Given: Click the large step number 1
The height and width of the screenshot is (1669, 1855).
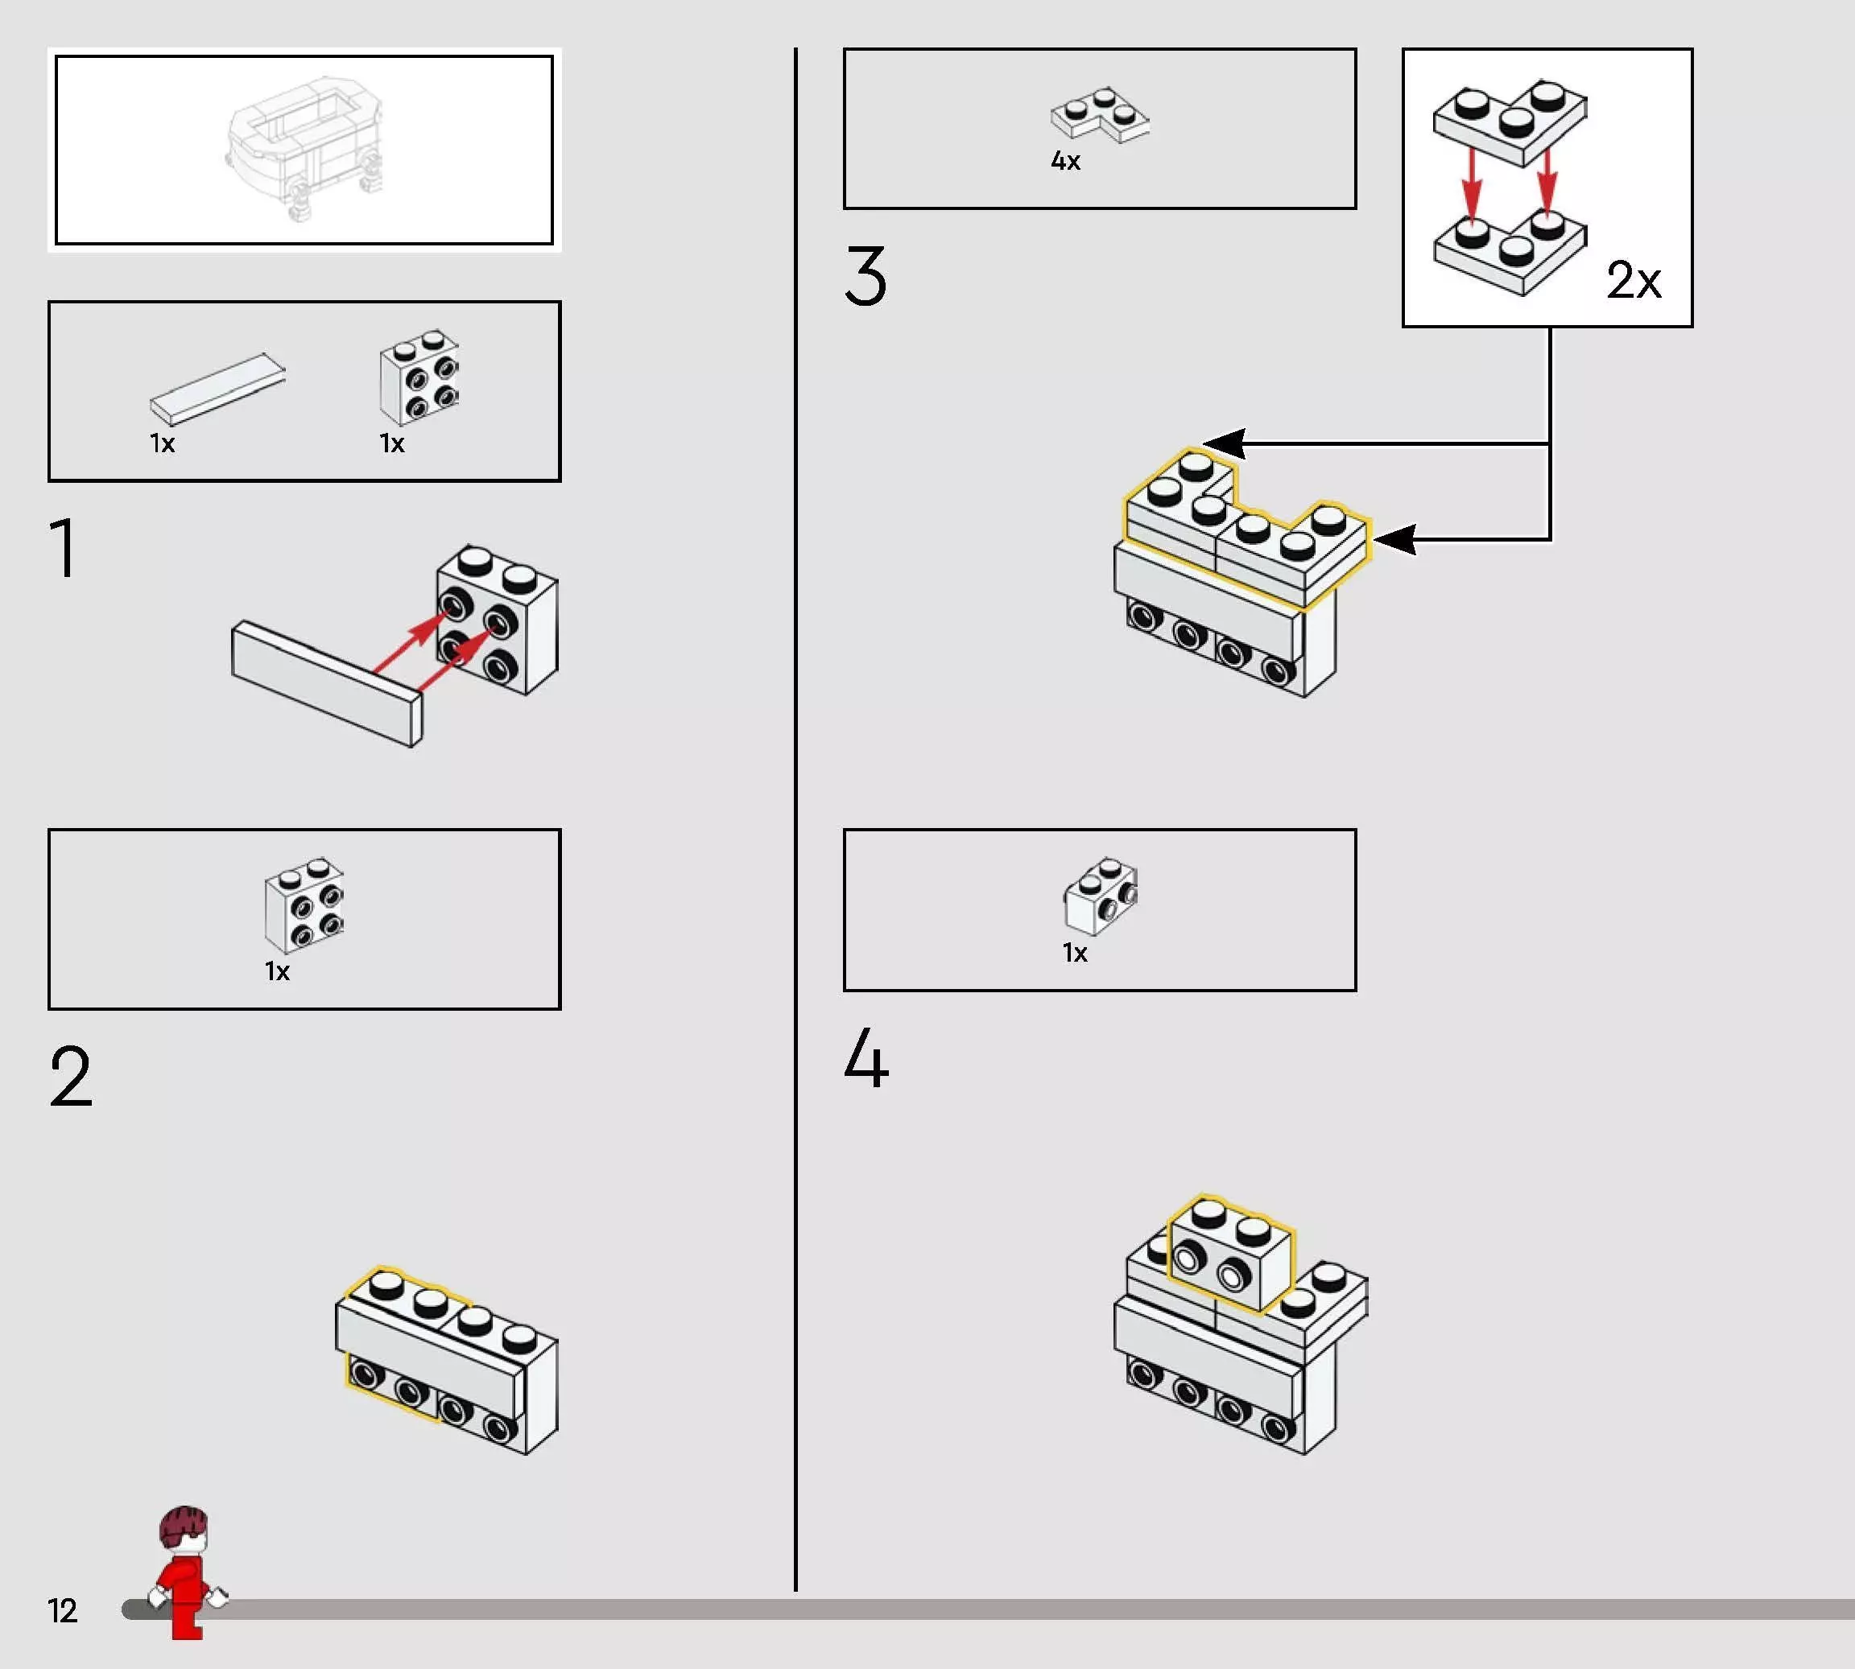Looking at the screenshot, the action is pyautogui.click(x=64, y=547).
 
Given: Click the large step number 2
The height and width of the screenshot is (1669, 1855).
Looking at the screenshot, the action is pyautogui.click(x=71, y=1076).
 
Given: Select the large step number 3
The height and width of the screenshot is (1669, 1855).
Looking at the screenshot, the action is pyautogui.click(x=866, y=275).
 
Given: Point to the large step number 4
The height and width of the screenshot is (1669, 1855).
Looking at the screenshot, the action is pyautogui.click(x=866, y=1057).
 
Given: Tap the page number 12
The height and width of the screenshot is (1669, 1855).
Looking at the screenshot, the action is pyautogui.click(x=62, y=1611).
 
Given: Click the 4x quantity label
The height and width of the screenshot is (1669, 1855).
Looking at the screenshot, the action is pyautogui.click(x=1065, y=162).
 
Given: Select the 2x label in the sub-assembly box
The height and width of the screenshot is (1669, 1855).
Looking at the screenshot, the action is pyautogui.click(x=1633, y=280).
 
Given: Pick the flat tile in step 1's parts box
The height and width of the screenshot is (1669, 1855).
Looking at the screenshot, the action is pyautogui.click(x=217, y=389).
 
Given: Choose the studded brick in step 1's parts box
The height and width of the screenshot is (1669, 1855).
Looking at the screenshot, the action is pyautogui.click(x=419, y=377).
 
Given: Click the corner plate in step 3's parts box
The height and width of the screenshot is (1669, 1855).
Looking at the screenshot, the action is pyautogui.click(x=1099, y=116).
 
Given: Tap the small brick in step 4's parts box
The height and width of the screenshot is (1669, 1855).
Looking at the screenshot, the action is pyautogui.click(x=1101, y=896).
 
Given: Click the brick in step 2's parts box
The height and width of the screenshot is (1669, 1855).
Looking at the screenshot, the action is pyautogui.click(x=304, y=905).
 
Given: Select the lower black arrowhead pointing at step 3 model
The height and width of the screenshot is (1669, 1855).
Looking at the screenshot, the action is pyautogui.click(x=1394, y=539).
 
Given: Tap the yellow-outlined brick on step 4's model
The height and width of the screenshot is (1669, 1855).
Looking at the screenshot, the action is pyautogui.click(x=1230, y=1254).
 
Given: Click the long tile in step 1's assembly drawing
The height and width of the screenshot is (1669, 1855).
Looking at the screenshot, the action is pyautogui.click(x=328, y=683).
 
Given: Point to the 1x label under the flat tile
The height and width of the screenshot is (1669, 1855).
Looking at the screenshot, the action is pyautogui.click(x=163, y=444).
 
